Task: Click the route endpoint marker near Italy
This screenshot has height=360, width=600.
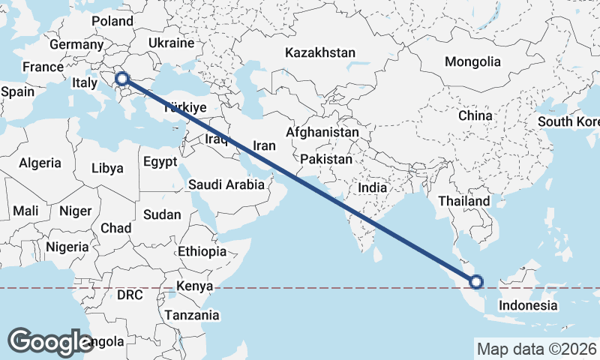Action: (122, 78)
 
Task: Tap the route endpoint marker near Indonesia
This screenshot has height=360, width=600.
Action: (475, 283)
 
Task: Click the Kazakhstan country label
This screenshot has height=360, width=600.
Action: (319, 52)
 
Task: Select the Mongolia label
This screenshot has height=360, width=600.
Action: (472, 61)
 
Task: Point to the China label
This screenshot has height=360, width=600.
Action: (475, 115)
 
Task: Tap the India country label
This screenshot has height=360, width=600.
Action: (373, 187)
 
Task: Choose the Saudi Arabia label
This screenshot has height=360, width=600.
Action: (226, 184)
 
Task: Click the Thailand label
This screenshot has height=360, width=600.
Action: (464, 201)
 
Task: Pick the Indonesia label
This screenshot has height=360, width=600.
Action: (528, 305)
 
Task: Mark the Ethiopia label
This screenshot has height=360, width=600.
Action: (202, 251)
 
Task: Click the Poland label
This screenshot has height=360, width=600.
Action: (112, 21)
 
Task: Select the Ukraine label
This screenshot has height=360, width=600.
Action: (171, 43)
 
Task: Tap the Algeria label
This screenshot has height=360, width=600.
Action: (40, 163)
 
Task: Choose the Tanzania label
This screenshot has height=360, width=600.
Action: (192, 315)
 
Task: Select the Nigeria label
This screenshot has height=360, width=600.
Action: (67, 246)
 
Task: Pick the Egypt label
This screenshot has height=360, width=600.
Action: (160, 162)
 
